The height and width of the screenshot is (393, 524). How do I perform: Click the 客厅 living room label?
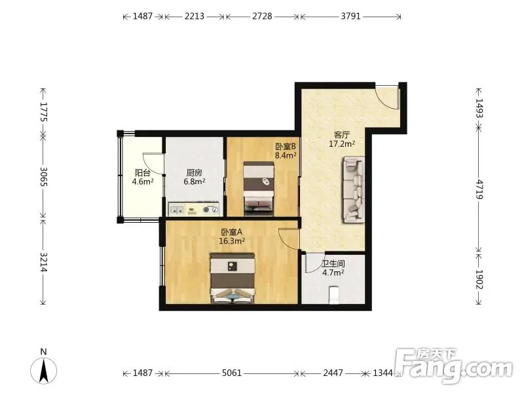(341, 135)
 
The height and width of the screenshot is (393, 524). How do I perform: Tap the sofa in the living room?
(353, 190)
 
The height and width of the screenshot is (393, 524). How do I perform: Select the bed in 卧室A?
(233, 278)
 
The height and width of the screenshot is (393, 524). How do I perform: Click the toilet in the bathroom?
(334, 295)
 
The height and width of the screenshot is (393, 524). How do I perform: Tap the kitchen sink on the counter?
(177, 210)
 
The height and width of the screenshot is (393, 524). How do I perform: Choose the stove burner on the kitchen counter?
(211, 210)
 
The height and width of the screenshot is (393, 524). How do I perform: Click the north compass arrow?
(43, 370)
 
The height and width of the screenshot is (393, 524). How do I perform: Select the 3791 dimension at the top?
(350, 16)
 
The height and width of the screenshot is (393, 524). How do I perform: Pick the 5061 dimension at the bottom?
(232, 373)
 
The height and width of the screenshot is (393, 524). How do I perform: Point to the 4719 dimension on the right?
(479, 189)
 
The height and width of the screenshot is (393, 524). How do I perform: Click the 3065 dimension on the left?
(43, 176)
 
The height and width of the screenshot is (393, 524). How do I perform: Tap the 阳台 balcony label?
(142, 173)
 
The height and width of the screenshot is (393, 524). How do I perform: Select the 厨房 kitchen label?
(194, 173)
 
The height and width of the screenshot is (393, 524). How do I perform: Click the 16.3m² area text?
(232, 240)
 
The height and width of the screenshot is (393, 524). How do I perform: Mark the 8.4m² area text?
(286, 155)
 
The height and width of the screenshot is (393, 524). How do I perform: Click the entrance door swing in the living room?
(387, 98)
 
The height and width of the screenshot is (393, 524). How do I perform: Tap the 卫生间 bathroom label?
(333, 264)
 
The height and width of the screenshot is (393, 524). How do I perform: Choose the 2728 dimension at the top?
(262, 16)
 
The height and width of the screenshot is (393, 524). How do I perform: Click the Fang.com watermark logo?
(453, 367)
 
